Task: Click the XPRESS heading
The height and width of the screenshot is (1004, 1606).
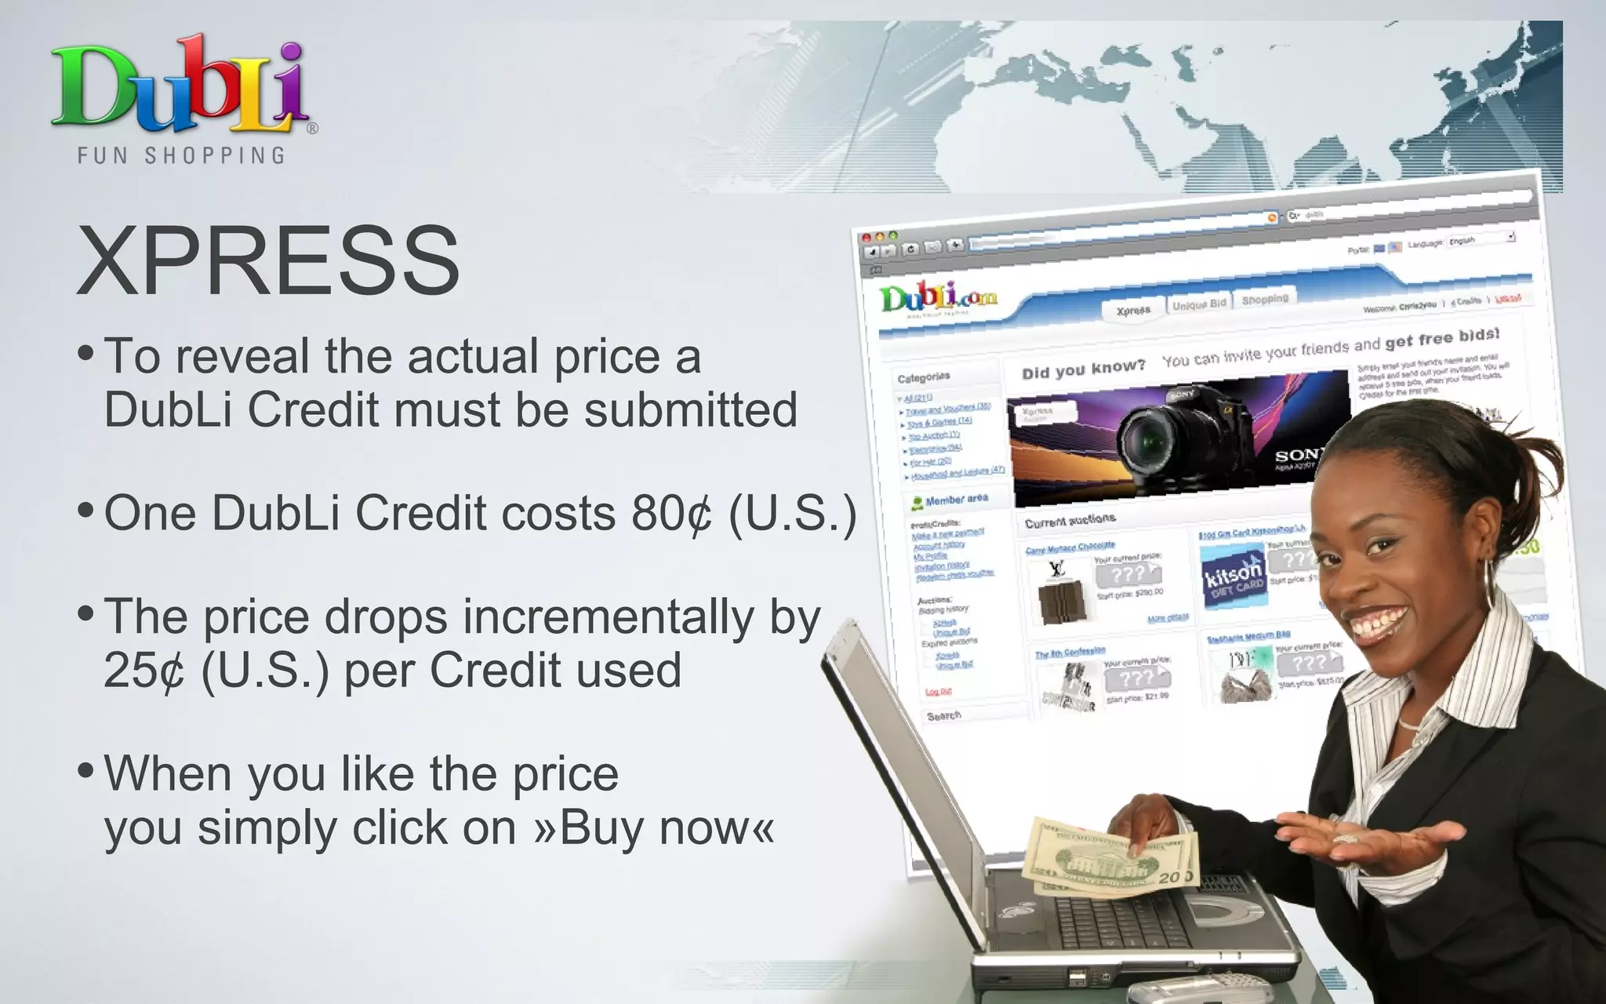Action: point(268,260)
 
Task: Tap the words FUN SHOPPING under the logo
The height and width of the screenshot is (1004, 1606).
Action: point(181,155)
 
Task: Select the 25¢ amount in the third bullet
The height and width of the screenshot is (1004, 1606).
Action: point(144,671)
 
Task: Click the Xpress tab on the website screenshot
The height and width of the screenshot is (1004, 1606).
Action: point(1133,311)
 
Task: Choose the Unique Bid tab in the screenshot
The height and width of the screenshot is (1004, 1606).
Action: point(1199,304)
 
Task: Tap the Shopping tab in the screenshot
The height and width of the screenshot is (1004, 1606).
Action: point(1264,299)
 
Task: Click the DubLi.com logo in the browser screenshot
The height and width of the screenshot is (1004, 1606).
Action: point(938,299)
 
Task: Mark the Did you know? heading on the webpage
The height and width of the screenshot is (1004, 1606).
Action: point(1083,369)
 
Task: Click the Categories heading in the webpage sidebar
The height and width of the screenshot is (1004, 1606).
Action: point(923,377)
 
